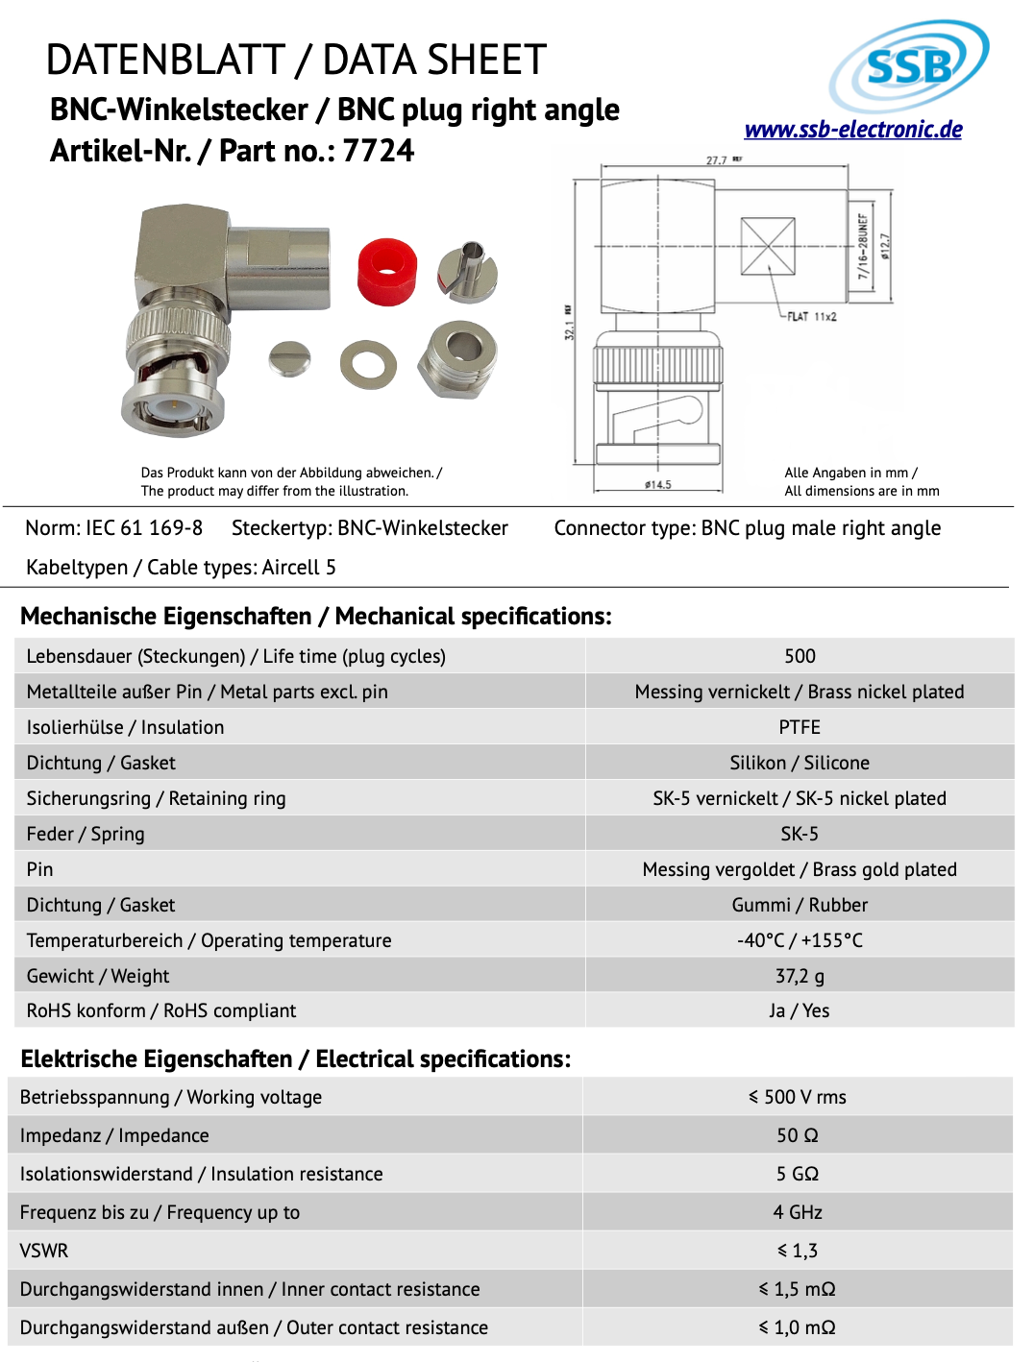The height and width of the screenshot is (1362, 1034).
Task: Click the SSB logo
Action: (x=908, y=65)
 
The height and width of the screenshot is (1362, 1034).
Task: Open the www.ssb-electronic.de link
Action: (x=853, y=130)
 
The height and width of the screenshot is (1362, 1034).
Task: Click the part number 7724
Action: (x=378, y=151)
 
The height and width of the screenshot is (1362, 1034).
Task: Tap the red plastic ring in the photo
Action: (x=387, y=272)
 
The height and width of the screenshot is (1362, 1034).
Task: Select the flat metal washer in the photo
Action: (x=368, y=365)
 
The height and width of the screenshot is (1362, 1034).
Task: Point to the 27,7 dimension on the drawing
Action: (x=717, y=160)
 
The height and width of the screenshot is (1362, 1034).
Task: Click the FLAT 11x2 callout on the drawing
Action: (x=811, y=316)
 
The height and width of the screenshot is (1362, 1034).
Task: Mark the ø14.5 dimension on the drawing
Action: (x=658, y=485)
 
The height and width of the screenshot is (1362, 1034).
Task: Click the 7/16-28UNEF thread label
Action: (x=862, y=247)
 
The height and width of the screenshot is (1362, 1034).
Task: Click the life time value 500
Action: (x=800, y=656)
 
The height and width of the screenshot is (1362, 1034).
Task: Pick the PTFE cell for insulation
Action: (x=800, y=727)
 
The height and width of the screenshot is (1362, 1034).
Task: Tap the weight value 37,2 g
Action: (x=800, y=976)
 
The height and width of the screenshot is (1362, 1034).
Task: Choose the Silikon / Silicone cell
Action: (x=800, y=763)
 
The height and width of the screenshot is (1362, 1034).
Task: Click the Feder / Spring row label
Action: (x=86, y=834)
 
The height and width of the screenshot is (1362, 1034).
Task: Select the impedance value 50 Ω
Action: (x=798, y=1135)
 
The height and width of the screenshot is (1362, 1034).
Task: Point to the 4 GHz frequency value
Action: (x=798, y=1212)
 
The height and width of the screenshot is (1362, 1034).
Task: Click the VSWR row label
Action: (x=44, y=1251)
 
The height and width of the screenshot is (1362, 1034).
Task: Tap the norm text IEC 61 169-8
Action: (x=144, y=528)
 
